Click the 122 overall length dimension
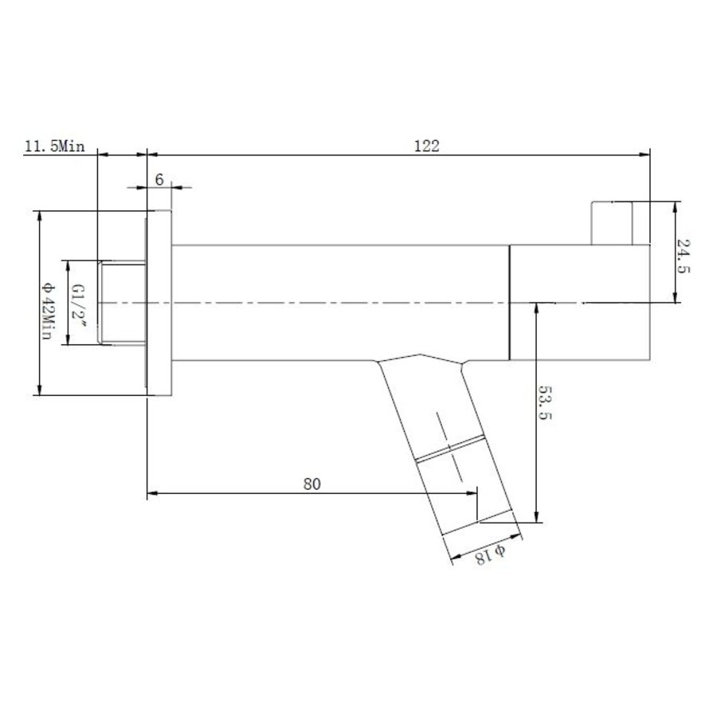coord(427,145)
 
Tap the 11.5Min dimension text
coord(55,147)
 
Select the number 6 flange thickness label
coord(159,180)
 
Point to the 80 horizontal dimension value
coord(311,484)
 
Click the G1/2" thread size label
coord(78,303)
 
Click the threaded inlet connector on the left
coord(119,303)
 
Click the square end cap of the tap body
coord(579,303)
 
